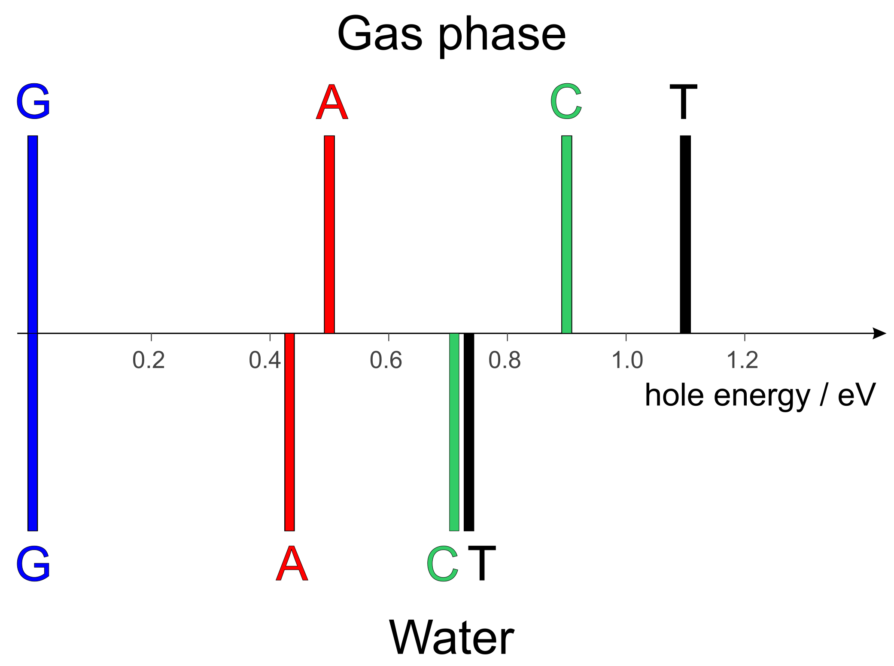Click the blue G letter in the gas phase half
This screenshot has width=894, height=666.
pyautogui.click(x=33, y=102)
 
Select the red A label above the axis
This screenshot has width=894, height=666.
pyautogui.click(x=332, y=102)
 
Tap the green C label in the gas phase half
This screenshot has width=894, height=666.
pyautogui.click(x=566, y=102)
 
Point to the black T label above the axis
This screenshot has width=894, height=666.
pyautogui.click(x=683, y=102)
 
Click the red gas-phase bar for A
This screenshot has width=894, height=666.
pyautogui.click(x=329, y=234)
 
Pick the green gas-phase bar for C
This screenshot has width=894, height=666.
pyautogui.click(x=566, y=234)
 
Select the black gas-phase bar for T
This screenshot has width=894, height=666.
pyautogui.click(x=685, y=234)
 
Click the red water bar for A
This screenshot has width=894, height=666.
pyautogui.click(x=289, y=432)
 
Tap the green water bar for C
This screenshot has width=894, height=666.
pyautogui.click(x=454, y=432)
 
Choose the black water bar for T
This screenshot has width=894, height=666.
pyautogui.click(x=469, y=432)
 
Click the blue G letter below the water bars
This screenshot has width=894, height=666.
pyautogui.click(x=33, y=564)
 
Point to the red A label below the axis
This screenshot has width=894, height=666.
pyautogui.click(x=292, y=564)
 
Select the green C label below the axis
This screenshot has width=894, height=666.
pyautogui.click(x=442, y=564)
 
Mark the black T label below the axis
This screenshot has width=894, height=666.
pyautogui.click(x=482, y=564)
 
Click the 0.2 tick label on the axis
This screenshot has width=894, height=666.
pyautogui.click(x=149, y=360)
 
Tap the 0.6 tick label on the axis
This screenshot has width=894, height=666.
pyautogui.click(x=386, y=360)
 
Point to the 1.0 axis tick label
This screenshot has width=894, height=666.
pyautogui.click(x=627, y=360)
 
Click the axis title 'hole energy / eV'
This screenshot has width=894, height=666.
pyautogui.click(x=760, y=395)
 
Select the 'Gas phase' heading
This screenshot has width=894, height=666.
pyautogui.click(x=451, y=34)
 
